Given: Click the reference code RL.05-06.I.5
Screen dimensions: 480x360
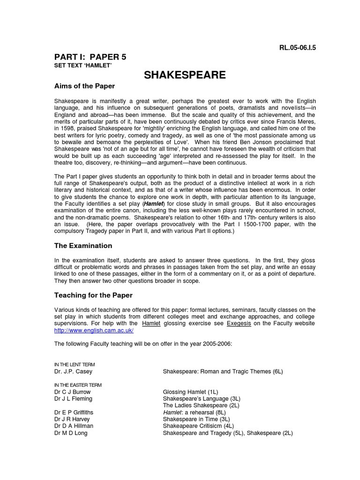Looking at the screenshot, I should click(x=289, y=48).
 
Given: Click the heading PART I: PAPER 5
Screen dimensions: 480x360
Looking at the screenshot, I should click(x=90, y=57).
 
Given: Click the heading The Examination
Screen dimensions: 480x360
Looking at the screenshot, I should click(x=83, y=246).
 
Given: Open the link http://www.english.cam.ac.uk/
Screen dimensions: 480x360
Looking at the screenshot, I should click(x=94, y=330).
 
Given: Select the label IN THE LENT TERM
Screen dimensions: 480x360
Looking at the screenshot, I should click(x=76, y=364).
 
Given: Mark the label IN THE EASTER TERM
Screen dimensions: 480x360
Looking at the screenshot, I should click(x=78, y=385).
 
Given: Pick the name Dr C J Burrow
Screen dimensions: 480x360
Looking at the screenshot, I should click(x=73, y=391).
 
